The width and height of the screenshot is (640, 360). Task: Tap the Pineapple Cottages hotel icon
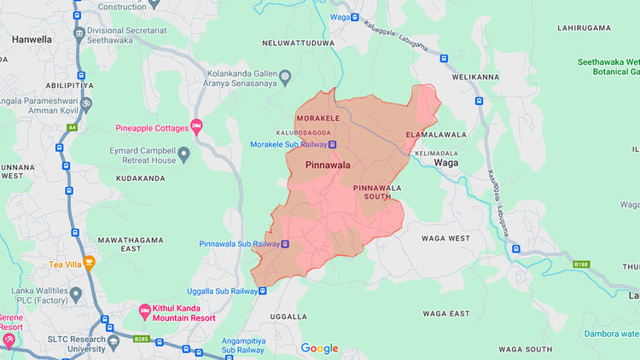coord(196,128)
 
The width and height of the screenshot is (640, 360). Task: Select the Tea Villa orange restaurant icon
coord(89,264)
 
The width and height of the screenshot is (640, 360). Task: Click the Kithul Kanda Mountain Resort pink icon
coord(143,308)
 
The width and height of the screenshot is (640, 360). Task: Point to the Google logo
coord(319,348)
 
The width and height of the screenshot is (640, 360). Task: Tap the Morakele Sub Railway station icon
coord(332,144)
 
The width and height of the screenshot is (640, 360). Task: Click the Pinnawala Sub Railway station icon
coord(286,244)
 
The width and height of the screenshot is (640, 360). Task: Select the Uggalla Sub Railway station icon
coord(263,291)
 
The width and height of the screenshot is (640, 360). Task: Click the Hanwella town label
coord(32,39)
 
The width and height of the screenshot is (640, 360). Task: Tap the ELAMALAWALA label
coord(436,135)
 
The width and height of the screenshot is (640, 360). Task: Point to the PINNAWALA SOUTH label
coord(376,192)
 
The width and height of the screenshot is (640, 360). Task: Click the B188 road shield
coord(581,264)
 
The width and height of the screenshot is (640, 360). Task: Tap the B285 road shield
coord(141,340)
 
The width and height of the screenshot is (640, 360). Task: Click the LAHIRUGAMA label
coord(585,28)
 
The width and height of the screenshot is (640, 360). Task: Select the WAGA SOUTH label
coord(525,349)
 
